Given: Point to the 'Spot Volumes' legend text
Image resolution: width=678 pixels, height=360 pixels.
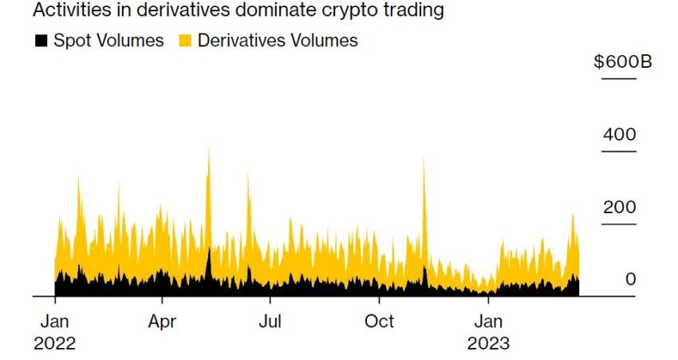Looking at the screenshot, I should point(108,40).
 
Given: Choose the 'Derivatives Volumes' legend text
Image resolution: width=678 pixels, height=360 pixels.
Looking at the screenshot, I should point(278,40).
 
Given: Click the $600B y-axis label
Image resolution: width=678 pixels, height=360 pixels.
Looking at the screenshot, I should point(622,62).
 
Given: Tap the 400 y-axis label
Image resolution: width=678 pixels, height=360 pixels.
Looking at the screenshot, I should point(620,135).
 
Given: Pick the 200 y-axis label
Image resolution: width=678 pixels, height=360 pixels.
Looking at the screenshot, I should point(620,208).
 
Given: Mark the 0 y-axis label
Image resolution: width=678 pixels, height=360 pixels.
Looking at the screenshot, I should point(631,279).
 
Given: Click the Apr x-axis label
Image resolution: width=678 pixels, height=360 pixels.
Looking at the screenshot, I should point(163,322).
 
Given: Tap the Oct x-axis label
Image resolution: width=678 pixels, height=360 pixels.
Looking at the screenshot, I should point(379,322).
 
